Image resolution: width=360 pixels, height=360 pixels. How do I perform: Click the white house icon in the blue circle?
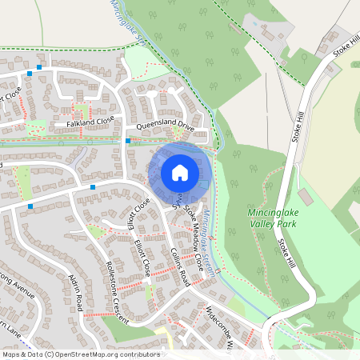pos(180,172)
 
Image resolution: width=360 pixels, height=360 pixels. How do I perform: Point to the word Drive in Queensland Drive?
pos(186,126)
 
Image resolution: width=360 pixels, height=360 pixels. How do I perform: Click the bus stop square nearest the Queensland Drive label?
pos(128,141)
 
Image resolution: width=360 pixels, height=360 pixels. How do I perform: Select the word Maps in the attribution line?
pos(11,354)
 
